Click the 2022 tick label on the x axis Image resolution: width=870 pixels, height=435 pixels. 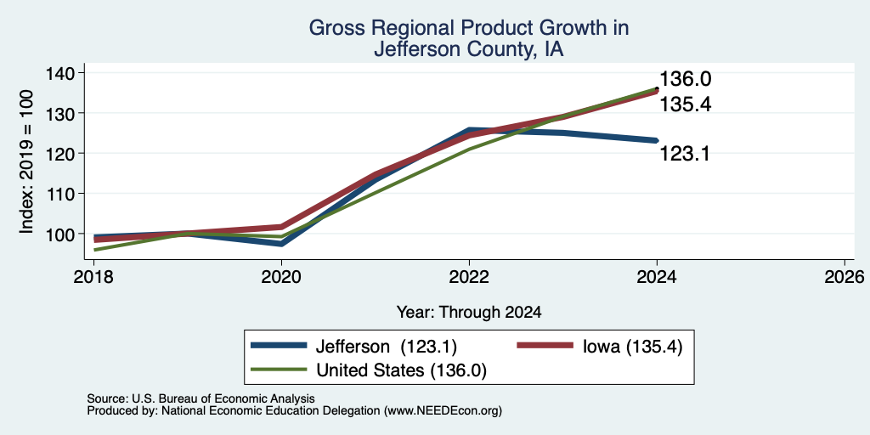coord(469,276)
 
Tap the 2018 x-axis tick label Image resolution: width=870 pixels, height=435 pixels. coord(93,276)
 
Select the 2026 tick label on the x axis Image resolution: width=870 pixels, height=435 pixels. coord(845,276)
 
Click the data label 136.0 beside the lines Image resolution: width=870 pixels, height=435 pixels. coord(686,79)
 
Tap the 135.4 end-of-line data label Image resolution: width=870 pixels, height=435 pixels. coord(686,105)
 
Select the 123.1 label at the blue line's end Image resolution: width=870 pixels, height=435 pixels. coord(686,154)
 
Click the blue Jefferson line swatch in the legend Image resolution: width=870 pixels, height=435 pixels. coord(279,346)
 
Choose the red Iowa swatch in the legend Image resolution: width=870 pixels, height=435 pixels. coord(545,346)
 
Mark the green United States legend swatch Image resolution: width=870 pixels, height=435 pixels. coord(279,370)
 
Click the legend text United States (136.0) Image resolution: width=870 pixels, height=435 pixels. coord(401,370)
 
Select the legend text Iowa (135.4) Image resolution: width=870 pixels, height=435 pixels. coord(632,347)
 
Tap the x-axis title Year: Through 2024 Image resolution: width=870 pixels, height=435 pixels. coord(469,313)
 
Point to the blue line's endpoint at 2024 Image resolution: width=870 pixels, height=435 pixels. coord(657,140)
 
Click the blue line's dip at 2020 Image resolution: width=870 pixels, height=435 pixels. coord(281,244)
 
